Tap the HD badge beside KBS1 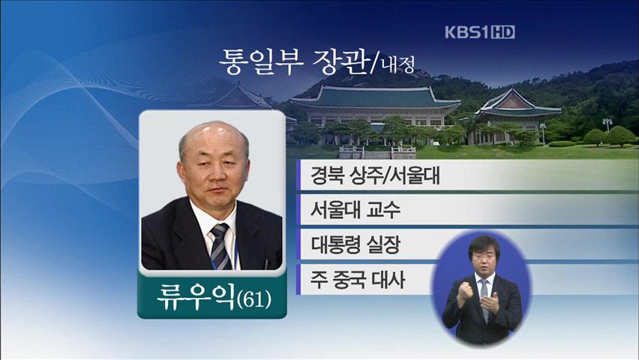pyautogui.click(x=503, y=32)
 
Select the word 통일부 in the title pyautogui.click(x=261, y=62)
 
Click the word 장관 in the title pyautogui.click(x=340, y=62)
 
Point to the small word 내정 pyautogui.click(x=398, y=64)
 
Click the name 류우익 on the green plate pyautogui.click(x=196, y=296)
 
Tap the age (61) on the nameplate pyautogui.click(x=254, y=300)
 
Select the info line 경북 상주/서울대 pyautogui.click(x=375, y=175)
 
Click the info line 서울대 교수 pyautogui.click(x=355, y=210)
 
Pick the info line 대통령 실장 pyautogui.click(x=355, y=244)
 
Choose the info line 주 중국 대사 pyautogui.click(x=358, y=280)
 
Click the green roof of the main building pyautogui.click(x=376, y=97)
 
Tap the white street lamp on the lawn pyautogui.click(x=542, y=133)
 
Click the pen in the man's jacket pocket pyautogui.click(x=266, y=264)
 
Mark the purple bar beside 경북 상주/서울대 pyautogui.click(x=298, y=175)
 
